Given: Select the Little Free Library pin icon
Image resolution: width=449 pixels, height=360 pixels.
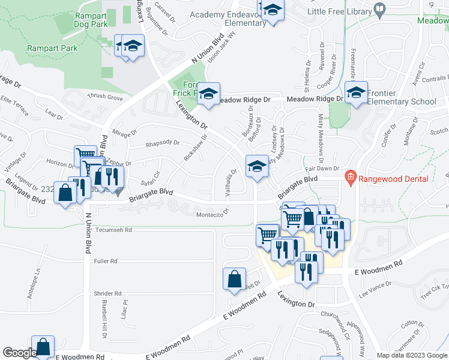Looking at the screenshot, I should pyautogui.click(x=379, y=10).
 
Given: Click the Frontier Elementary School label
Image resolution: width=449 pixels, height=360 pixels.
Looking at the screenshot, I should pyautogui.click(x=401, y=97).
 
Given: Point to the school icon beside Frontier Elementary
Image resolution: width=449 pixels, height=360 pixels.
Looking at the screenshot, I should pyautogui.click(x=356, y=93).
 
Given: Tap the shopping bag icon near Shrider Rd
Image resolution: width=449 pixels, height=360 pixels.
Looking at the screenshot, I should pyautogui.click(x=234, y=279).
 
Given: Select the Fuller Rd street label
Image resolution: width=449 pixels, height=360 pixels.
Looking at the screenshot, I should pyautogui.click(x=105, y=261).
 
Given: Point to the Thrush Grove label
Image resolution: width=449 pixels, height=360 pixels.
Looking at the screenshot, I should pyautogui.click(x=105, y=97).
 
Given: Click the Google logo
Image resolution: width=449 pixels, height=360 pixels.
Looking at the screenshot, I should pyautogui.click(x=19, y=353).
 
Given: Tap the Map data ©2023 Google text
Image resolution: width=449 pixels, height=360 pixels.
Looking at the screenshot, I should pyautogui.click(x=412, y=355).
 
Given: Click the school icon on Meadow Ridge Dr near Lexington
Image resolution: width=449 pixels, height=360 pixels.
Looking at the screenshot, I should pyautogui.click(x=208, y=94).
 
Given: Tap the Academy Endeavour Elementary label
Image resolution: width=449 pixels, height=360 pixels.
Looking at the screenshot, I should pyautogui.click(x=228, y=19).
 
